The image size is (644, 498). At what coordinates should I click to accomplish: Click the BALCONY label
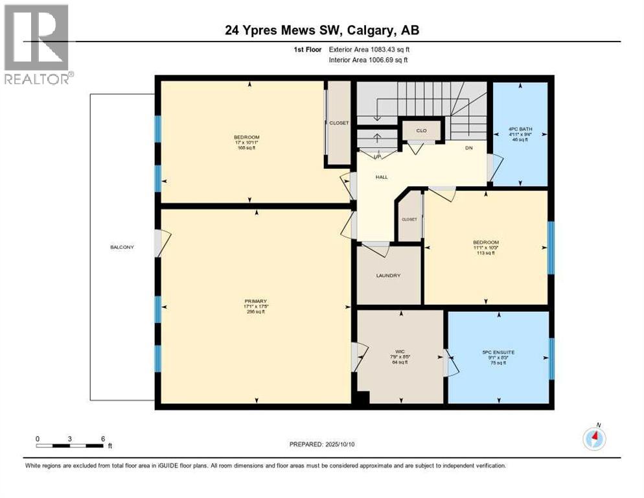tap(122, 246)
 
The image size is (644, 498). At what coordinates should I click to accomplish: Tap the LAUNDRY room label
tap(388, 276)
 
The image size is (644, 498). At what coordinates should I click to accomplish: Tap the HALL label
tap(382, 176)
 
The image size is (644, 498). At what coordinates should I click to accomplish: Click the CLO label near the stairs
tap(421, 130)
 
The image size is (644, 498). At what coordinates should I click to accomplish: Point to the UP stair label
tap(376, 156)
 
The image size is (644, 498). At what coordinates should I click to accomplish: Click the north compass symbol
tap(594, 439)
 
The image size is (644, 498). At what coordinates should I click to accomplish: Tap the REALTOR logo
tap(37, 44)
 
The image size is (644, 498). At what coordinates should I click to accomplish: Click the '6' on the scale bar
tap(102, 438)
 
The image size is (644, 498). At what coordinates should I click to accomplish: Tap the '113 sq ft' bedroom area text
tap(485, 253)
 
